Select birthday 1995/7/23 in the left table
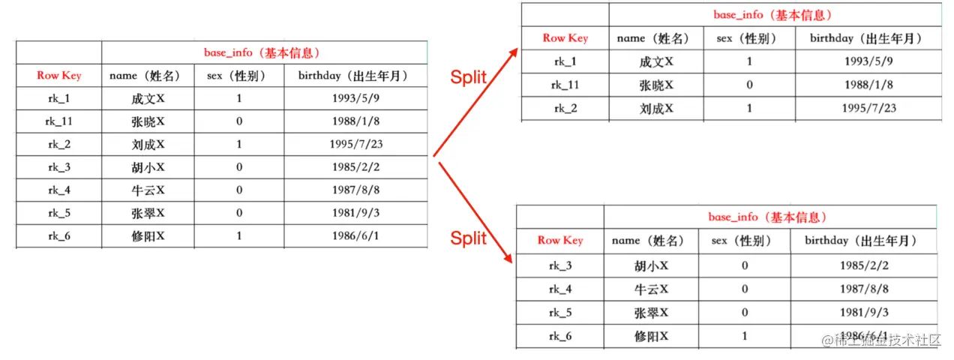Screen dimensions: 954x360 pos(355,144)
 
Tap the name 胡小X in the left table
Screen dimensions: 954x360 pos(148,167)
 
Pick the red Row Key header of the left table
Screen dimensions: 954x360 pos(58,75)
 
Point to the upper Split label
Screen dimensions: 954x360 pos(469,76)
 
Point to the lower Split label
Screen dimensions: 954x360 pos(469,238)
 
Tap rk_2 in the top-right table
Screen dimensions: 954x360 pos(565,108)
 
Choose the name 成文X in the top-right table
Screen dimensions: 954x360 pos(656,61)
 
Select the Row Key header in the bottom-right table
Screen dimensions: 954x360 pos(559,240)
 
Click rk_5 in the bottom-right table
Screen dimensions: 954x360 pos(560,312)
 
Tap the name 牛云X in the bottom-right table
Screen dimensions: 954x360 pos(651,289)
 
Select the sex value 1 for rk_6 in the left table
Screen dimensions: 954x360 pos(239,236)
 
